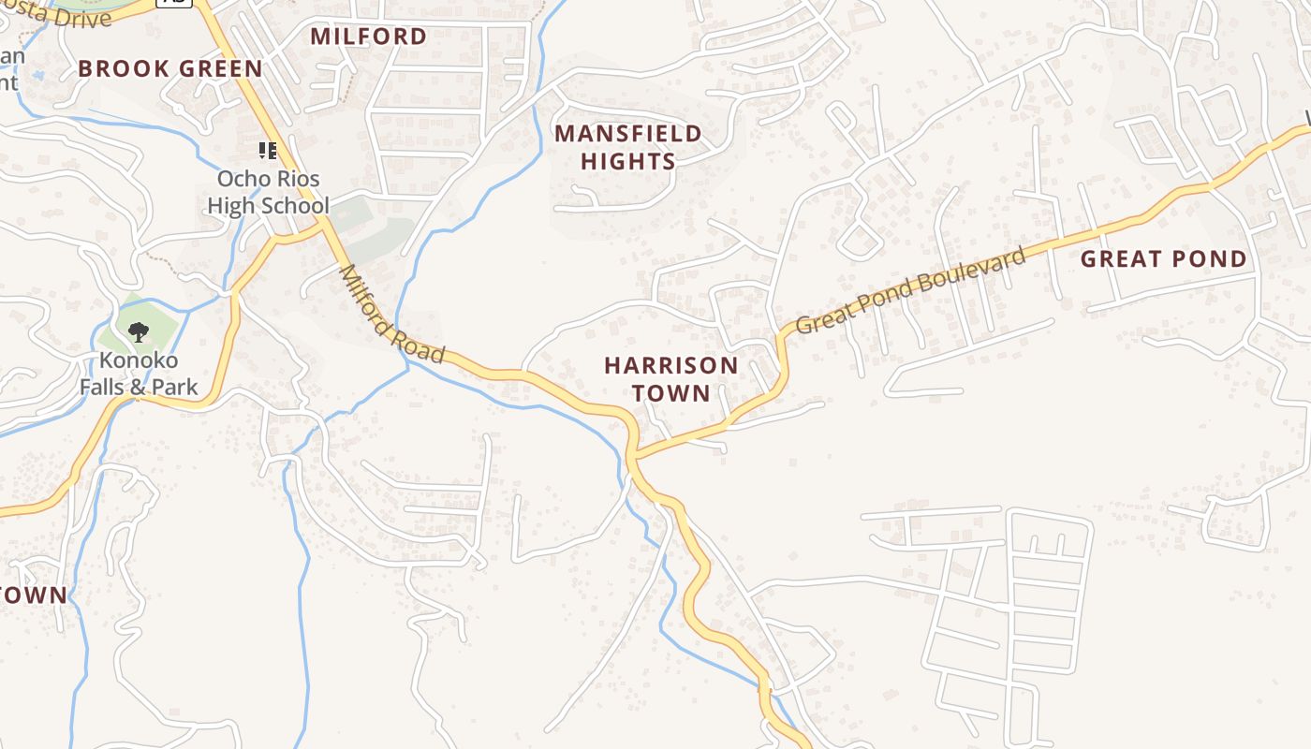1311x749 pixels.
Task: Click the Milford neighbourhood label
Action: (368, 37)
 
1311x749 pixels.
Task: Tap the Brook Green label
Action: (170, 68)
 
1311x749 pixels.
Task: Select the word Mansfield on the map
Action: (627, 133)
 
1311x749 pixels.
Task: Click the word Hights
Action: (627, 161)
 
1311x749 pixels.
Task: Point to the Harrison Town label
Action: (670, 378)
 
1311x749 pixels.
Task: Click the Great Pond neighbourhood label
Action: (1164, 259)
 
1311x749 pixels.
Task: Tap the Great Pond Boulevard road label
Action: (910, 291)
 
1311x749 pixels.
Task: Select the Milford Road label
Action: (391, 315)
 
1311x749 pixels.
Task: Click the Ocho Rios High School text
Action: (268, 192)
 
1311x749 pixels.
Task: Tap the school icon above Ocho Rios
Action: (268, 151)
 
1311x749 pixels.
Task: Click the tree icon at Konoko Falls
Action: (139, 330)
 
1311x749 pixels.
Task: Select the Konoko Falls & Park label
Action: (139, 374)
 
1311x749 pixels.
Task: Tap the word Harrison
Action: (670, 364)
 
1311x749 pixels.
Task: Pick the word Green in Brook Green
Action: (221, 68)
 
